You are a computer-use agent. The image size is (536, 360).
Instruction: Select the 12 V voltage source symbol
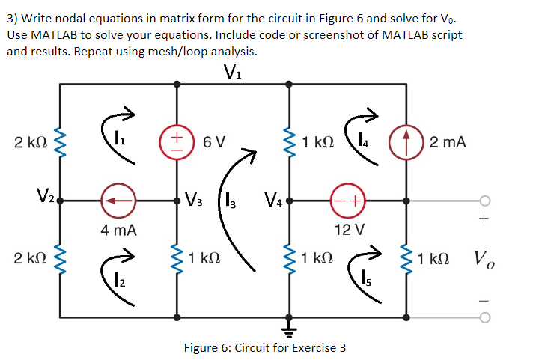click(x=348, y=201)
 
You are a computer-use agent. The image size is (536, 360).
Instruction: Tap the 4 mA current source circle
click(x=119, y=201)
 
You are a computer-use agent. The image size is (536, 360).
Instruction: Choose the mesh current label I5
click(x=365, y=279)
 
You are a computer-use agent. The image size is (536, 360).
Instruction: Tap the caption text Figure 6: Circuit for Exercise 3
click(x=265, y=347)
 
